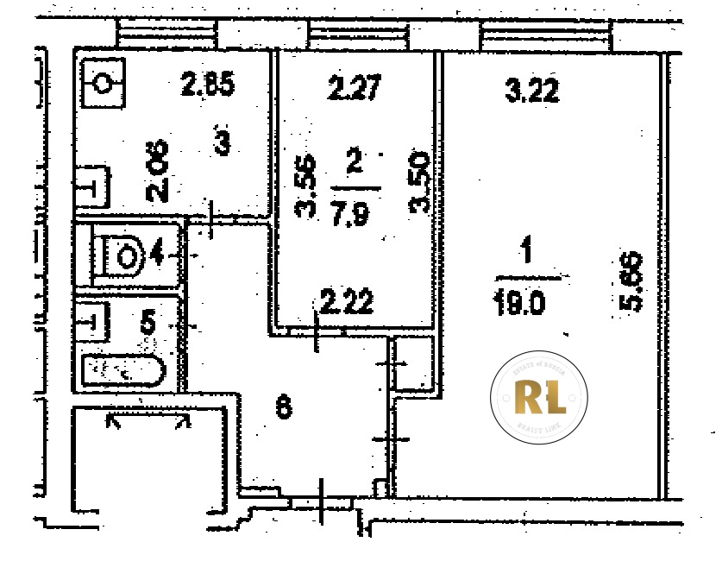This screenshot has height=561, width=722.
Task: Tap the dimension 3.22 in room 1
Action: click(531, 89)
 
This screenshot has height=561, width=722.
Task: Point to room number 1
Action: click(524, 255)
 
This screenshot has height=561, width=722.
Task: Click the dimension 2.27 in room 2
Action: click(355, 88)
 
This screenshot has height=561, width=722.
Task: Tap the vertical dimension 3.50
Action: click(420, 182)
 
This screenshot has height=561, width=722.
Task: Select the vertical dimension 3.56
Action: click(305, 186)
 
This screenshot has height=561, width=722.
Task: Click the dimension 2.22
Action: click(346, 303)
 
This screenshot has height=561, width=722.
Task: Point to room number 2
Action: click(353, 161)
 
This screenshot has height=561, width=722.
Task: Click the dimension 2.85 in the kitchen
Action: click(208, 85)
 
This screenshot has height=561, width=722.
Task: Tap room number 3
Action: click(222, 143)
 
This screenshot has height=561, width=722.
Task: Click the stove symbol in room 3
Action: click(103, 84)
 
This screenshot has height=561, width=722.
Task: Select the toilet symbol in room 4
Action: click(122, 255)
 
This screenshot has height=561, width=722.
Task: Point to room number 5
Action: click(148, 324)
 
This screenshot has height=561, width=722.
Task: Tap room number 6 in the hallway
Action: click(281, 407)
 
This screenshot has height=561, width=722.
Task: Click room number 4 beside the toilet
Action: click(157, 255)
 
